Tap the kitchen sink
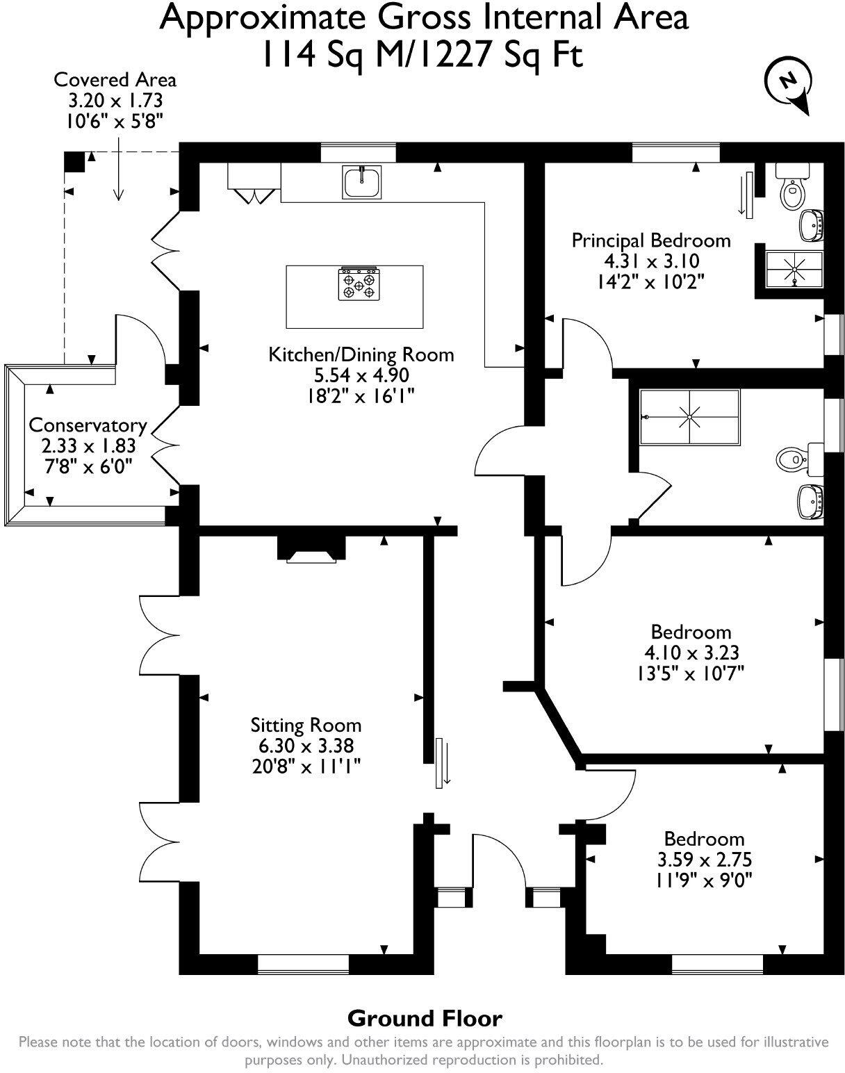[x=361, y=182]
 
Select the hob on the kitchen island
[x=359, y=284]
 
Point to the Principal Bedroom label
[x=650, y=240]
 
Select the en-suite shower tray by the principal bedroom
[x=793, y=269]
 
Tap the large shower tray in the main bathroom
[x=689, y=416]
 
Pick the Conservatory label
[x=88, y=425]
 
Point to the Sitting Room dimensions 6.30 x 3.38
[x=306, y=746]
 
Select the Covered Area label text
[x=115, y=80]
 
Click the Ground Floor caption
[x=424, y=1019]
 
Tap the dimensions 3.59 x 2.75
[x=704, y=860]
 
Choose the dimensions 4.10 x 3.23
[x=691, y=653]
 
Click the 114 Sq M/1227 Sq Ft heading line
[x=421, y=54]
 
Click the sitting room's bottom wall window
[x=303, y=965]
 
